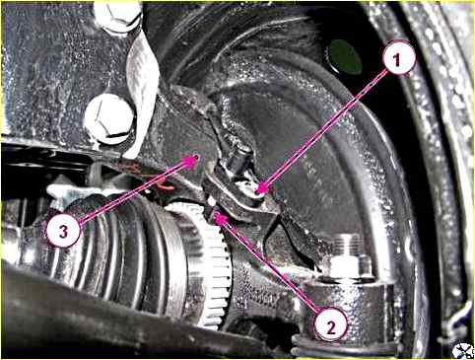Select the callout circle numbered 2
(x=331, y=327)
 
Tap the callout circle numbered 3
(x=63, y=232)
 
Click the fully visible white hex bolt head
(x=108, y=117)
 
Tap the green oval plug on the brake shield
(x=345, y=57)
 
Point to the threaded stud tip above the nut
(x=349, y=245)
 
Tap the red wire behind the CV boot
(x=165, y=186)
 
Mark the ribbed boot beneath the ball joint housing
(x=345, y=349)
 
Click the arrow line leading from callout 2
(x=270, y=266)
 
